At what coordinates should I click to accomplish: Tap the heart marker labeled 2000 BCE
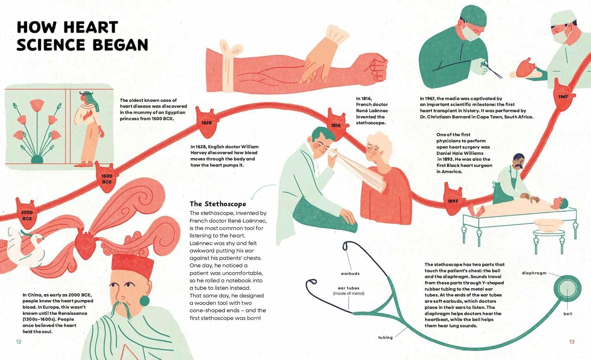pyautogui.click(x=27, y=214)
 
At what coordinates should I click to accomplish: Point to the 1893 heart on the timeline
pyautogui.click(x=453, y=200)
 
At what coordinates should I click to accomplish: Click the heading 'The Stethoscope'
pyautogui.click(x=218, y=204)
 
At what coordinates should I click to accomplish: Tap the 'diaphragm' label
pyautogui.click(x=534, y=273)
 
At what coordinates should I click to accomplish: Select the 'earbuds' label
pyautogui.click(x=350, y=274)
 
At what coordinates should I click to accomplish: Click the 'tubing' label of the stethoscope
pyautogui.click(x=385, y=338)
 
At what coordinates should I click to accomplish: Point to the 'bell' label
pyautogui.click(x=568, y=314)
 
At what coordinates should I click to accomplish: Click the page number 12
pyautogui.click(x=19, y=342)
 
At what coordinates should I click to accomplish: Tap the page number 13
pyautogui.click(x=572, y=342)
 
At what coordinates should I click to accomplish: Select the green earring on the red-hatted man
pyautogui.click(x=144, y=301)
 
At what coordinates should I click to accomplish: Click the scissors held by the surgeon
pyautogui.click(x=491, y=69)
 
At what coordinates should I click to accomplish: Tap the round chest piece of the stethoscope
pyautogui.click(x=567, y=289)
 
